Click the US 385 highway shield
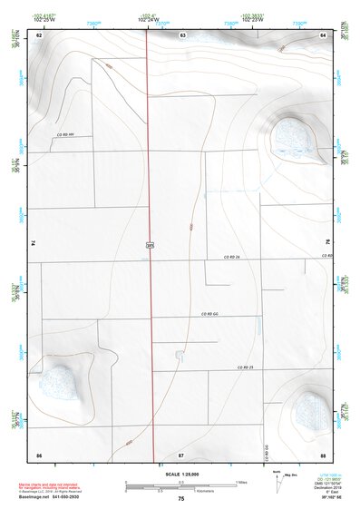(151, 244)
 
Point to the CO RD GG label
(211, 313)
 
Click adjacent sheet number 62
(38, 34)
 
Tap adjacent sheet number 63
(182, 34)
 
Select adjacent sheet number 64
(324, 34)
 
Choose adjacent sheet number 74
(34, 243)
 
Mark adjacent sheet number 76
(327, 243)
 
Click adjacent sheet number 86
(38, 453)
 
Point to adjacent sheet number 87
(181, 453)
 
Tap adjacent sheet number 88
(323, 453)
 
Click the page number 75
(181, 499)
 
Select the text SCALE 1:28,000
(181, 474)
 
